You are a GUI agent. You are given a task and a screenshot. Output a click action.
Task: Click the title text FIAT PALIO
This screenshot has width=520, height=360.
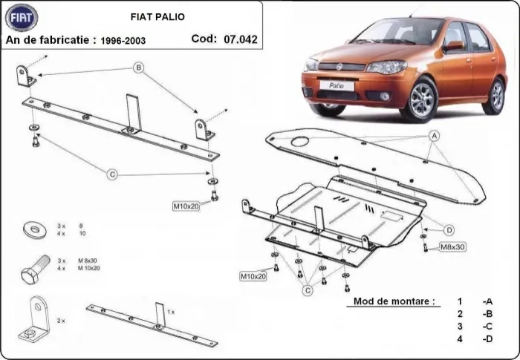tap(159, 16)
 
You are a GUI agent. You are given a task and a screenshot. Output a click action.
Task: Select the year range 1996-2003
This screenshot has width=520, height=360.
tap(125, 40)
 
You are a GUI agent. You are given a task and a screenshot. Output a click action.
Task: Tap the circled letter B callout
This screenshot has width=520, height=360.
tap(138, 68)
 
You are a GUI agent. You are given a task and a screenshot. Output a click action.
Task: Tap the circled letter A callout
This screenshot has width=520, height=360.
tap(434, 136)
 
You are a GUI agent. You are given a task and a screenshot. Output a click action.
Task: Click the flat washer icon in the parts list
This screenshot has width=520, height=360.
tap(33, 228)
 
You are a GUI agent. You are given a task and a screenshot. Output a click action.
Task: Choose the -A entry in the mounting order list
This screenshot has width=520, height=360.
tap(487, 301)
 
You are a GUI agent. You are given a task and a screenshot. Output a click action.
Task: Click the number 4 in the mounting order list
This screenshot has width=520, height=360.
tap(461, 339)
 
